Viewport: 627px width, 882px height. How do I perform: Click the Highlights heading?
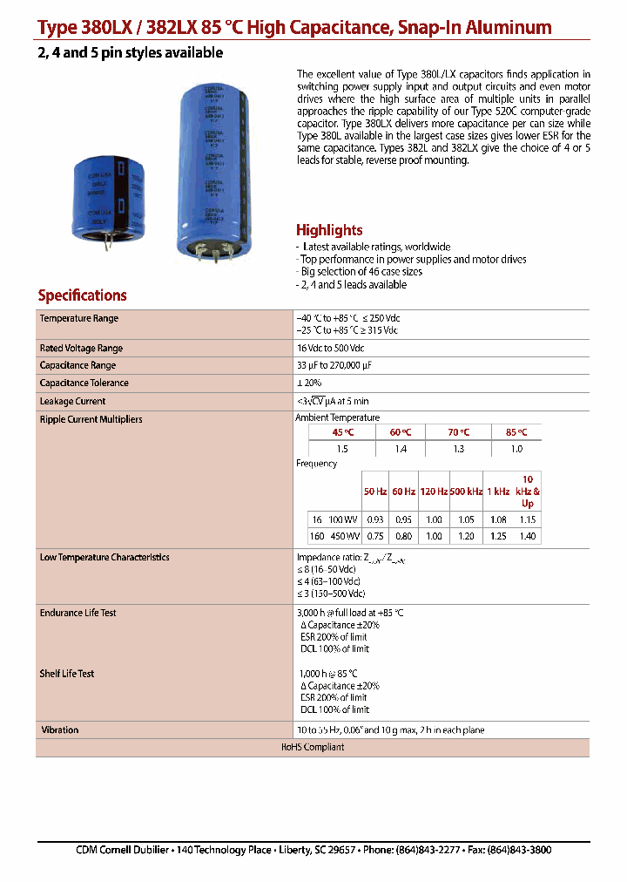329,230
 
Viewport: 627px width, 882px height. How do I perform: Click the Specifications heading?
82,295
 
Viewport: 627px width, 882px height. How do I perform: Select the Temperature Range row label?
79,319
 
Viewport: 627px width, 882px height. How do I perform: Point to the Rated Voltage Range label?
81,348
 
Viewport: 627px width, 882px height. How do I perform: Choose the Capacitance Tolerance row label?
84,383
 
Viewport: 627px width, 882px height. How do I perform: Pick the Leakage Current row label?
72,402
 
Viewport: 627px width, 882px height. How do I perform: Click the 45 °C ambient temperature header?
342,432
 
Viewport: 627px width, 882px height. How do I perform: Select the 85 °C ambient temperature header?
516,432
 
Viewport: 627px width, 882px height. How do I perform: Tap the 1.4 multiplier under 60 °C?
401,448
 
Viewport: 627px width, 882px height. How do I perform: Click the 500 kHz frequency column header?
466,492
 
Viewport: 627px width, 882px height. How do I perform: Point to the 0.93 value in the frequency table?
375,519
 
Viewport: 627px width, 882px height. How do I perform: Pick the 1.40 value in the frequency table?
528,537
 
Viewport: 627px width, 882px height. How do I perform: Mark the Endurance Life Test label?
78,614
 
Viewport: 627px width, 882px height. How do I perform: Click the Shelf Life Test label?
67,674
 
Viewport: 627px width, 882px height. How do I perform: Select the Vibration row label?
59,730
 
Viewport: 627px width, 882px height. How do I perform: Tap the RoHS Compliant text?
312,748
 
